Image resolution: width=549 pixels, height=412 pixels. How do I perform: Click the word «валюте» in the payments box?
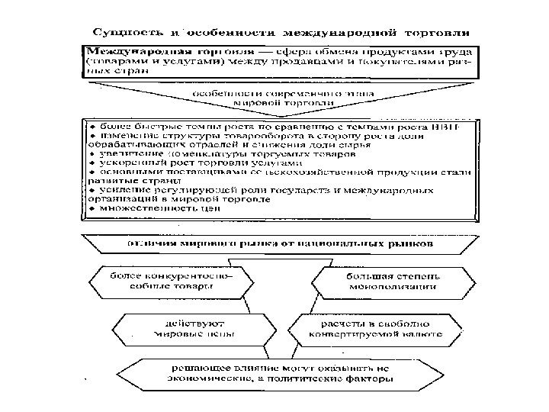click(x=422, y=334)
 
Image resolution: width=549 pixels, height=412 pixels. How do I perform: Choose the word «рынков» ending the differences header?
click(x=416, y=245)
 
